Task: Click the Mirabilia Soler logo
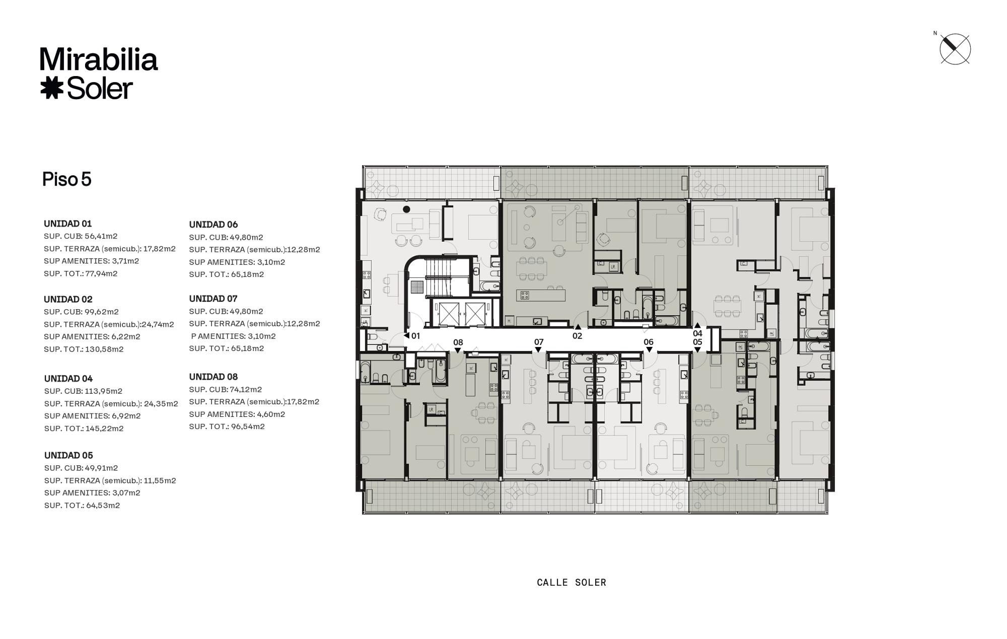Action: click(x=99, y=74)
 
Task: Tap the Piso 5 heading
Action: click(x=67, y=179)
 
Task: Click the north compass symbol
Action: click(x=955, y=49)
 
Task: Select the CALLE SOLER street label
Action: click(x=571, y=583)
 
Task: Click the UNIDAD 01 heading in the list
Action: click(x=68, y=224)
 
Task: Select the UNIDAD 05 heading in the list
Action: click(x=68, y=455)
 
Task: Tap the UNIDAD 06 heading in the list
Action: click(x=213, y=225)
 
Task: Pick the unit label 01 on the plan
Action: click(x=415, y=336)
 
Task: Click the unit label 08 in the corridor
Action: click(x=458, y=342)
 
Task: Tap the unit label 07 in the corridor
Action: click(x=539, y=342)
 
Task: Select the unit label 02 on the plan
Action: click(x=577, y=336)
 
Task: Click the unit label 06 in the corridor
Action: click(x=649, y=342)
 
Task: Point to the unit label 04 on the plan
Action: click(x=697, y=333)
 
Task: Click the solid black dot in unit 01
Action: click(x=407, y=209)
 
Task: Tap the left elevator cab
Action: click(x=448, y=314)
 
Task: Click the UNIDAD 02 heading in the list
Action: click(x=68, y=299)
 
